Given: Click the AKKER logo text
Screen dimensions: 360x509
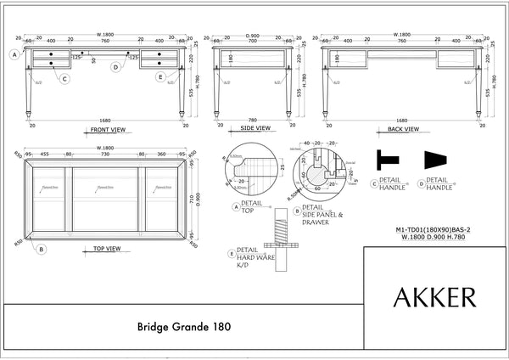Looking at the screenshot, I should [434, 297].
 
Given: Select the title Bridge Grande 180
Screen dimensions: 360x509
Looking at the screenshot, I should [183, 326].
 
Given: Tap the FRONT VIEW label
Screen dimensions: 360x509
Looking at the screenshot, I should [106, 130].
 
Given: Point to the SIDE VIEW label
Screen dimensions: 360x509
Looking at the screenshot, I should [252, 128].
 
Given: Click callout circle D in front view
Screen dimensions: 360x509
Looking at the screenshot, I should [115, 66].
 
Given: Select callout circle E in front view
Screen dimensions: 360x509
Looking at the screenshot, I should [160, 76].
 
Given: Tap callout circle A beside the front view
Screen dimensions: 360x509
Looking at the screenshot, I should [14, 54].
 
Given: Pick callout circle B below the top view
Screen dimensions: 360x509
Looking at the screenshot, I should [41, 249].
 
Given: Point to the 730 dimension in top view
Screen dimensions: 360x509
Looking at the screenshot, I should [105, 154].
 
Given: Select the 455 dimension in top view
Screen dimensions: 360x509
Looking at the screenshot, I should [44, 154].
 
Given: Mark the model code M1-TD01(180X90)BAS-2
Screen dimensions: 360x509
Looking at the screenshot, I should [433, 229].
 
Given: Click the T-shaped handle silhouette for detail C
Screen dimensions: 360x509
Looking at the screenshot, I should [388, 159].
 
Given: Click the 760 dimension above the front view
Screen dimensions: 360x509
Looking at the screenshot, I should [105, 40].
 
